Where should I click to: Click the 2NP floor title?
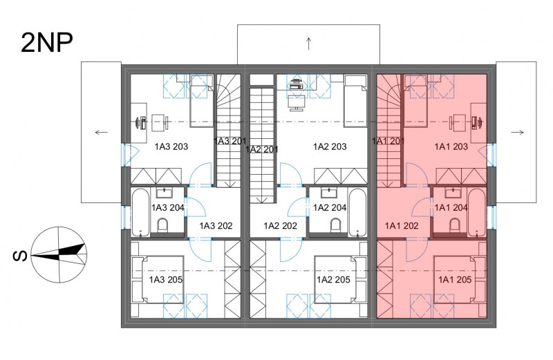tap(47, 43)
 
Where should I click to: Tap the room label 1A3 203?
tap(171, 146)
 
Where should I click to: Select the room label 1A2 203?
tap(330, 146)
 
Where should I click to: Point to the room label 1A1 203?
tap(451, 146)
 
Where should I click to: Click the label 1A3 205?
tap(165, 280)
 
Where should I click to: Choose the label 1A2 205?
tap(333, 280)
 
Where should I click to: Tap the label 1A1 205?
tap(455, 280)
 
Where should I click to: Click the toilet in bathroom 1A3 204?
tap(162, 226)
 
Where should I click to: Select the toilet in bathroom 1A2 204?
tap(336, 226)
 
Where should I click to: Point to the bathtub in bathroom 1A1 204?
tap(477, 213)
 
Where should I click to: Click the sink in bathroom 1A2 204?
tap(329, 193)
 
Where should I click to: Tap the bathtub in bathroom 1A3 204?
tap(140, 213)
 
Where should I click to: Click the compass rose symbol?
tap(59, 254)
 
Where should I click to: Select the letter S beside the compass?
tap(20, 256)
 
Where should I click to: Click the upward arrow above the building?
tap(308, 44)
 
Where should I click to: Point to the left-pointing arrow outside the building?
tap(102, 133)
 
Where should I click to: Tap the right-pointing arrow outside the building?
tap(517, 133)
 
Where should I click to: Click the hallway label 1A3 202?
tap(216, 226)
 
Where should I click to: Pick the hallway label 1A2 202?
tap(281, 226)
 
